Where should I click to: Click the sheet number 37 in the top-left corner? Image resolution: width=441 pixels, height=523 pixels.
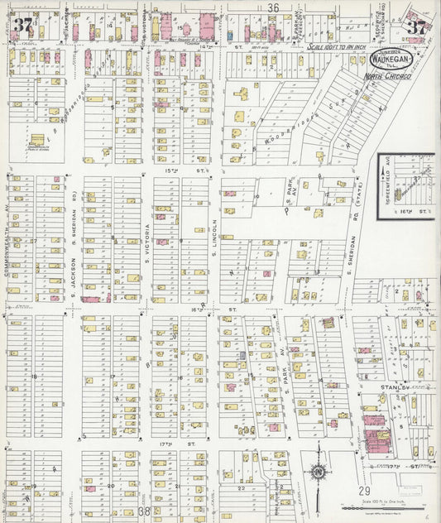22,25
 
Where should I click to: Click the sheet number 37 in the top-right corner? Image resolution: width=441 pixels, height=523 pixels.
416,26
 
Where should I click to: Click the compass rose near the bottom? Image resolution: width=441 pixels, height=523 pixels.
318,473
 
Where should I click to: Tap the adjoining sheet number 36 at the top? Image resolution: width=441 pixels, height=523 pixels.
273,7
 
